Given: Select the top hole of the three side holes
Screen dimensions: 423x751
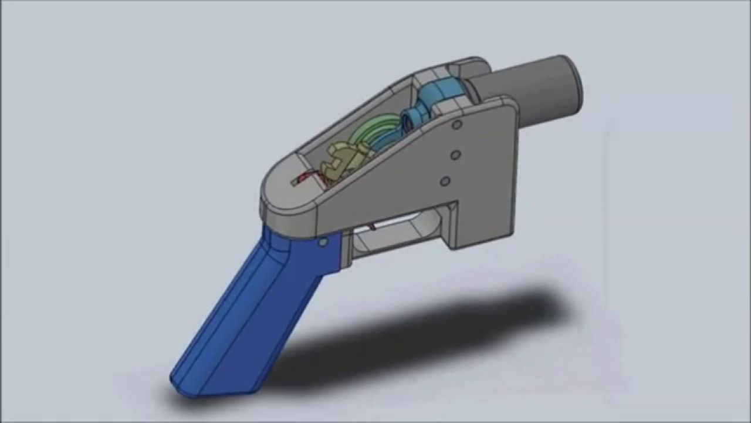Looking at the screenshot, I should click(x=457, y=125).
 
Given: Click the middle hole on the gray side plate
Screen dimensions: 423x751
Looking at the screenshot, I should click(x=454, y=155).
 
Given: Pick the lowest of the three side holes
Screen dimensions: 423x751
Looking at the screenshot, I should click(x=445, y=181).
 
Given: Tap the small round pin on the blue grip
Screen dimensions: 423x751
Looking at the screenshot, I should click(x=323, y=241).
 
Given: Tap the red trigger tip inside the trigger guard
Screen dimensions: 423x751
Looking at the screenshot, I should click(x=371, y=226).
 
